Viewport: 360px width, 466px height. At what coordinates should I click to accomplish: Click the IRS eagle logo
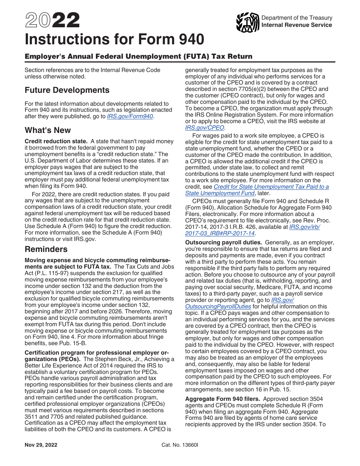point(247,22)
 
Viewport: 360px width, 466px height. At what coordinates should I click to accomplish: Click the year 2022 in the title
point(52,21)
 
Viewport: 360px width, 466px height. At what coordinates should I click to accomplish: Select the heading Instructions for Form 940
point(114,39)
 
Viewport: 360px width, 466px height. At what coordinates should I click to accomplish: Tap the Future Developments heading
point(67,90)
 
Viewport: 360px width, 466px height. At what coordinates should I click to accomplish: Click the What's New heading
point(48,130)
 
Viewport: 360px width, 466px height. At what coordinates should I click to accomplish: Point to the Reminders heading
point(46,249)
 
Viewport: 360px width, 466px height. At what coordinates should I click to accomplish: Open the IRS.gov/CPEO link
point(205,128)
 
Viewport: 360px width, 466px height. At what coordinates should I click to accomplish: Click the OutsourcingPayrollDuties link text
point(218,306)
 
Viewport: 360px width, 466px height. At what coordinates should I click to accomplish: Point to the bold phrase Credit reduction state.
point(56,141)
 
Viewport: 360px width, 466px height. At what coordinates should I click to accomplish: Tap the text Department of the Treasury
point(297,18)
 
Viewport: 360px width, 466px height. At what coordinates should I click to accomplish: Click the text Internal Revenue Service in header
point(297,25)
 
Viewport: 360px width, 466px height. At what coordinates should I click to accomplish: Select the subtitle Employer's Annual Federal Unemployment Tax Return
point(138,56)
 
